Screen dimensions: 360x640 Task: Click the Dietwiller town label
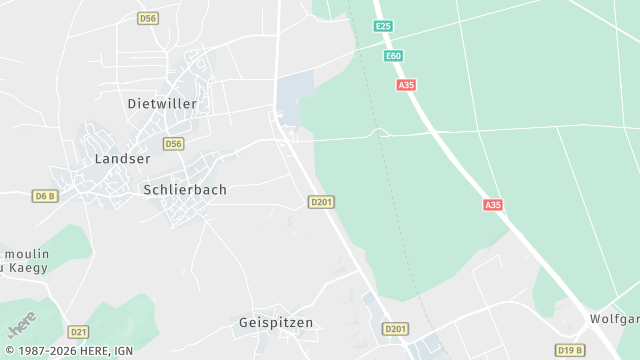(162, 104)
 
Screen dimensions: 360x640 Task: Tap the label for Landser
(122, 159)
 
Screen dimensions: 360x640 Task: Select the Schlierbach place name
(185, 189)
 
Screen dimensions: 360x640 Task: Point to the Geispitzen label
(276, 323)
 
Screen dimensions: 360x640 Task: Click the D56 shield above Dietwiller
(148, 19)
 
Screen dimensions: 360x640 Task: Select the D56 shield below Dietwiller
(174, 144)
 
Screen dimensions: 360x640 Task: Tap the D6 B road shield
(45, 196)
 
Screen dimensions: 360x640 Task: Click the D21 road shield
(79, 331)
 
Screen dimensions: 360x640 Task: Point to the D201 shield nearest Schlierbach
(321, 202)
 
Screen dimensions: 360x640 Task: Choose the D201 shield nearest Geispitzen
(396, 329)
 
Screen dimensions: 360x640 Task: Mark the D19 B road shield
(570, 350)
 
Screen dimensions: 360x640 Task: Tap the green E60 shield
(393, 56)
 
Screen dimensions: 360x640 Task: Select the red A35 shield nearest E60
(406, 86)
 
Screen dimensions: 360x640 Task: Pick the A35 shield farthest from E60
(493, 205)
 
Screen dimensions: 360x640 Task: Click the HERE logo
(22, 324)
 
